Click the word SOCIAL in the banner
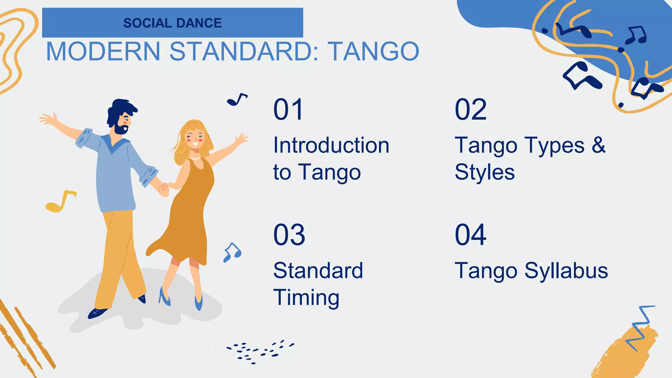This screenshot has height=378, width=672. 147,23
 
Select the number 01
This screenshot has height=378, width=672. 288,110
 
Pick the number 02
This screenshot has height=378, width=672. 471,110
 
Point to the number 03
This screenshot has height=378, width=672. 289,235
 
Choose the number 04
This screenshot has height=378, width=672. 471,235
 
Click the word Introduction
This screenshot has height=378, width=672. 331,145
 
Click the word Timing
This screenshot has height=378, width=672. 306,298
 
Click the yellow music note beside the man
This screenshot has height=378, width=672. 60,201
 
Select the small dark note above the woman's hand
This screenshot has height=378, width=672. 237,100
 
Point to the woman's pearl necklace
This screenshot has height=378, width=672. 195,158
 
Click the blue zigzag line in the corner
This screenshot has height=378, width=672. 639,328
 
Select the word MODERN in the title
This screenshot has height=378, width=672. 103,52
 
